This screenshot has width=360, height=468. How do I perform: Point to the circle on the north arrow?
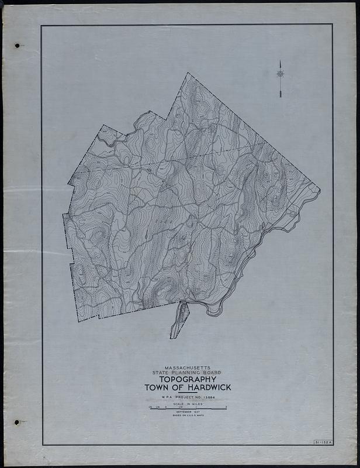280,74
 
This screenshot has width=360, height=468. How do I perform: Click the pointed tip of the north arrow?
280,61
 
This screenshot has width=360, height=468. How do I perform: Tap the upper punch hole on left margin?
17,45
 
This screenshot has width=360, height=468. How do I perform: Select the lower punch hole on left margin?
17,422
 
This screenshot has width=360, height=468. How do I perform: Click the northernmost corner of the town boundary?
188,73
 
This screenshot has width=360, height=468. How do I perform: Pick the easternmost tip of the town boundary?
320,189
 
